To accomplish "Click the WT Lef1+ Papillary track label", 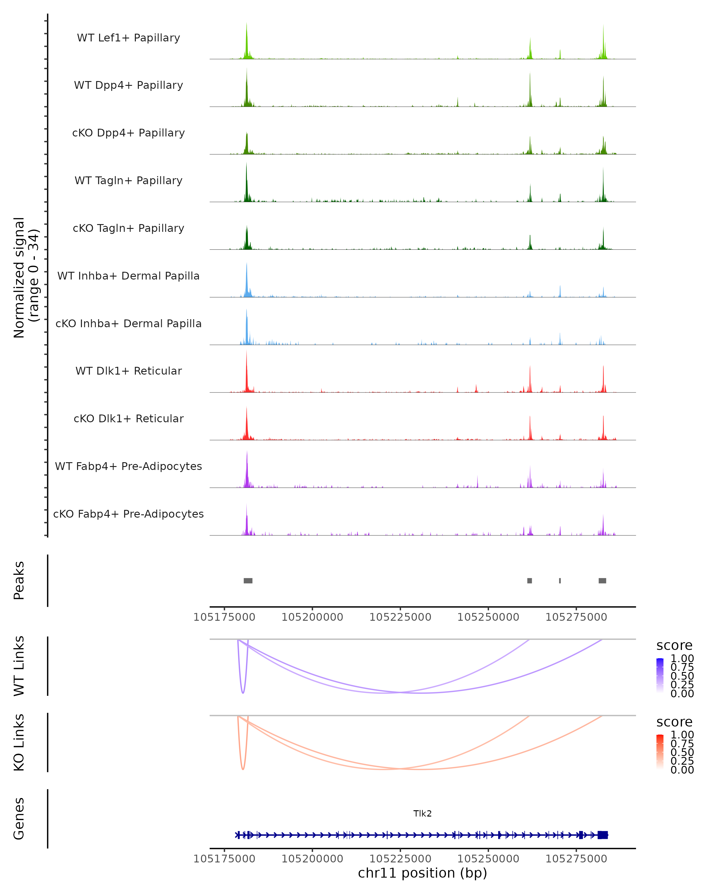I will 128,38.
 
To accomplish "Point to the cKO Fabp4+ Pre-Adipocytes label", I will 128,514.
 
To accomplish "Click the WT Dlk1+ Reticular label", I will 128,371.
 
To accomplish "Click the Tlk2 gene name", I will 422,814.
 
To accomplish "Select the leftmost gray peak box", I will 248,581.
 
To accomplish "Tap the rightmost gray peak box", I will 602,581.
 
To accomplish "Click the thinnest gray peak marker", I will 560,581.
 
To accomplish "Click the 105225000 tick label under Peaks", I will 400,617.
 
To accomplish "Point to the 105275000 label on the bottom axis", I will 576,859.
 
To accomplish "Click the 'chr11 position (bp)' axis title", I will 422,873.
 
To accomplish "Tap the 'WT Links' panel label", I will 19,666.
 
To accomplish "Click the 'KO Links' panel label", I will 19,742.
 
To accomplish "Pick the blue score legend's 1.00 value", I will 682,659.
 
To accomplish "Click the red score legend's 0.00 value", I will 682,770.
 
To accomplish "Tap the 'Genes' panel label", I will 19,819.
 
